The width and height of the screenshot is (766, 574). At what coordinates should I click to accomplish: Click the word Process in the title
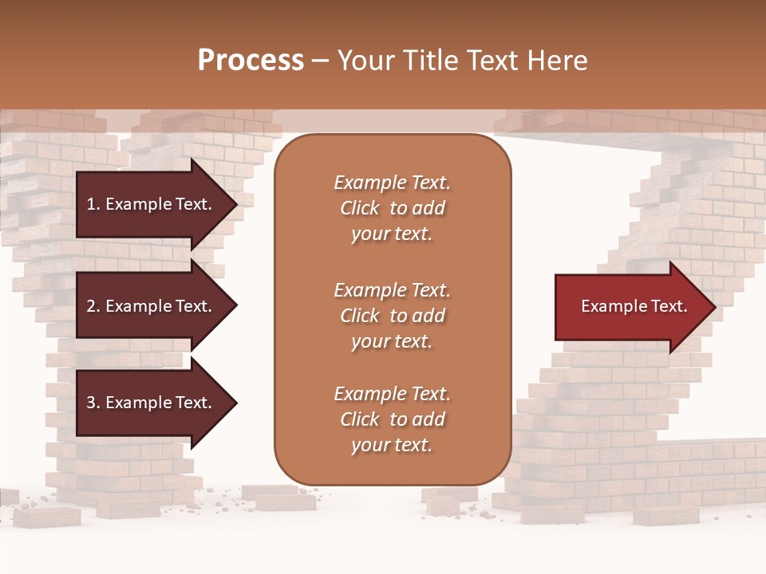(x=251, y=61)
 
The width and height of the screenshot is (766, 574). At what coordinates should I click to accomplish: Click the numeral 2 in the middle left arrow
(x=90, y=306)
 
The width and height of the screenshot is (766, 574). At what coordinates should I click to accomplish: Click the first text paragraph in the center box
(x=392, y=208)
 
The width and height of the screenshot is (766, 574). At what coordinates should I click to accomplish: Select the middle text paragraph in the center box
(x=392, y=316)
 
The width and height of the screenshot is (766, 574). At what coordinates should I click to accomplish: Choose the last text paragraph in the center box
(x=392, y=419)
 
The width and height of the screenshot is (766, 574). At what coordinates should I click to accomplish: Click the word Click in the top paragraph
(x=359, y=208)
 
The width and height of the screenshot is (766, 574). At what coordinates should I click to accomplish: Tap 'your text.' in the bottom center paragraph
(x=392, y=445)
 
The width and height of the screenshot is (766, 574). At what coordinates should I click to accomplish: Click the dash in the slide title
(x=321, y=61)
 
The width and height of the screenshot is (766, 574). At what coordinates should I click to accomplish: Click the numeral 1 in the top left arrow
(x=90, y=204)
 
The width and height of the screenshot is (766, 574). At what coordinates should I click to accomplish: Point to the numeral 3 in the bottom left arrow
(x=90, y=403)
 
